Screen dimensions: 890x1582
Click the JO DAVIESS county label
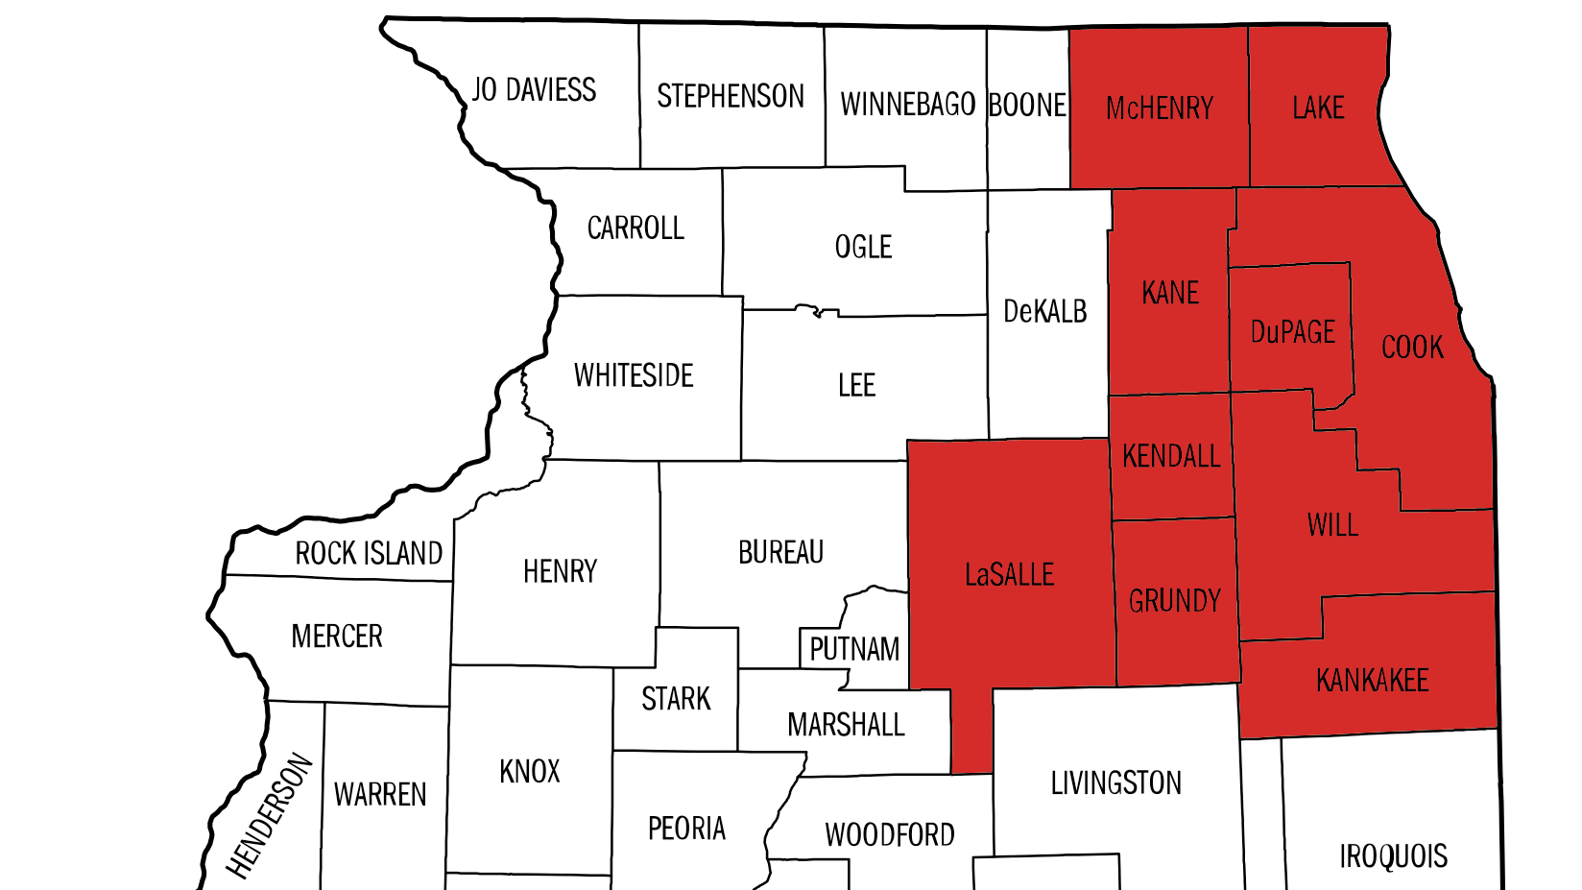[534, 90]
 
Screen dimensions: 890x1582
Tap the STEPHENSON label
[731, 96]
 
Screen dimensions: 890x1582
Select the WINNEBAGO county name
[907, 104]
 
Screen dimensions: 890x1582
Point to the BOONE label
[1027, 105]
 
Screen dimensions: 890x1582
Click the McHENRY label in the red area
[1160, 108]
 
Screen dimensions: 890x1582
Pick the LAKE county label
[1318, 108]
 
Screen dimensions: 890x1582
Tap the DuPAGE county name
[1292, 332]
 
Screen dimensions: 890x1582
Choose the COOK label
[1412, 347]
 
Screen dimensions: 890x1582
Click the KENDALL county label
[1171, 456]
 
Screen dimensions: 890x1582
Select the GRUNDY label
[1174, 601]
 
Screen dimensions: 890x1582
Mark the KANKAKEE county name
[1372, 681]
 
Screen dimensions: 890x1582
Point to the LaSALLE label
[1009, 575]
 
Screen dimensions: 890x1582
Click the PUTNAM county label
[854, 650]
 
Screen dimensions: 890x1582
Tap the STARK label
[676, 699]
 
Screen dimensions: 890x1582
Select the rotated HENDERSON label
[270, 817]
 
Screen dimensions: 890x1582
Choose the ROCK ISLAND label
[369, 554]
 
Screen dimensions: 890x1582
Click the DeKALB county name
[1044, 311]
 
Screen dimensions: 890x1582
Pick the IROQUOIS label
[1393, 855]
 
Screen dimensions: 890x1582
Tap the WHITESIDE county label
[634, 375]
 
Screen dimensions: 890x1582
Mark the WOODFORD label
[890, 835]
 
